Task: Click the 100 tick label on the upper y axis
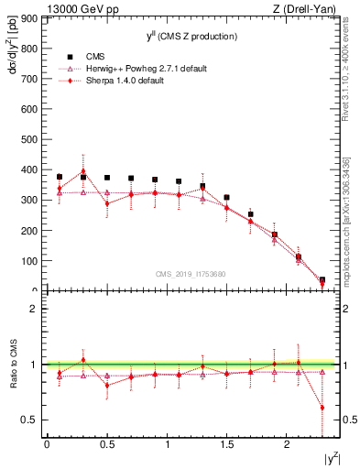pos(28,261)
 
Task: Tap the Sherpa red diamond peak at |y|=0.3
pos(83,171)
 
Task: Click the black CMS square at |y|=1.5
pos(226,197)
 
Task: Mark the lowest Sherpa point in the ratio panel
pos(322,408)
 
